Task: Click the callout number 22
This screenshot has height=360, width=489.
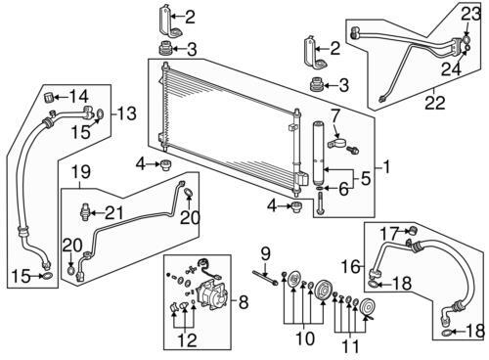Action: pyautogui.click(x=435, y=102)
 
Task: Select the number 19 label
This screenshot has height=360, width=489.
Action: pyautogui.click(x=81, y=172)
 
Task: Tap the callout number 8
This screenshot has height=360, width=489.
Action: pyautogui.click(x=244, y=302)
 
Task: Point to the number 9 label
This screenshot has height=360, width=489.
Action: pyautogui.click(x=266, y=253)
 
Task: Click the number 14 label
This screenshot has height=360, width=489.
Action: pyautogui.click(x=79, y=96)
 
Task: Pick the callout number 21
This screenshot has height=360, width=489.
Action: pyautogui.click(x=114, y=213)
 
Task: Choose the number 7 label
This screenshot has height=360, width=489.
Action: pyautogui.click(x=335, y=117)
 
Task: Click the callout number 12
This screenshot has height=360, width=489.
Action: pyautogui.click(x=188, y=340)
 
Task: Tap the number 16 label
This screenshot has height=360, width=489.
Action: pyautogui.click(x=351, y=267)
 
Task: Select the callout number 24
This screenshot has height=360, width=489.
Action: pyautogui.click(x=452, y=69)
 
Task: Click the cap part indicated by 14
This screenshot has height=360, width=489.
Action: pyautogui.click(x=49, y=97)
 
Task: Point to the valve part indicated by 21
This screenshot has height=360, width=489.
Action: pyautogui.click(x=84, y=212)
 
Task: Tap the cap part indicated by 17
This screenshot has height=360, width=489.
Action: pyautogui.click(x=414, y=231)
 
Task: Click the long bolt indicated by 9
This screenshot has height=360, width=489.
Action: pyautogui.click(x=265, y=278)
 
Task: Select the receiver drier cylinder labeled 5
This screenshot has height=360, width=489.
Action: pyautogui.click(x=318, y=154)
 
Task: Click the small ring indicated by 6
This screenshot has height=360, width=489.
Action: pyautogui.click(x=320, y=188)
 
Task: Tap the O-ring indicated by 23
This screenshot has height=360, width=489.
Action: pyautogui.click(x=466, y=40)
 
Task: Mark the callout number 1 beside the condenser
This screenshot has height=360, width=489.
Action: pyautogui.click(x=386, y=167)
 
